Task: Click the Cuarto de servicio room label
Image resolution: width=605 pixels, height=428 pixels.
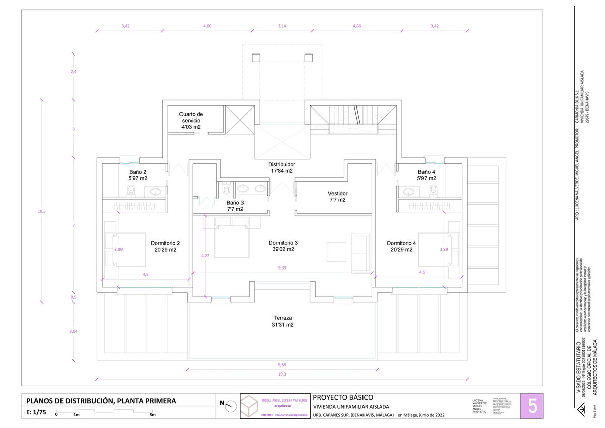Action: click(x=191, y=120)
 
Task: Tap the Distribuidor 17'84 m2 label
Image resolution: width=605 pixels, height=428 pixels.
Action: click(x=281, y=168)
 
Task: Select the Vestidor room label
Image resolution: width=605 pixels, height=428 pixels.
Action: click(x=337, y=197)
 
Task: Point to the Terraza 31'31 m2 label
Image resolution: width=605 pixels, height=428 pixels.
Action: click(x=283, y=322)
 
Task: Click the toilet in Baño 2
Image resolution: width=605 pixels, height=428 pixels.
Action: click(x=131, y=190)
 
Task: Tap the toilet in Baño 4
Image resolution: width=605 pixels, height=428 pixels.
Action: click(x=432, y=190)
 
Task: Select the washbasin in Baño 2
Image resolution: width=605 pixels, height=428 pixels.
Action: click(x=156, y=191)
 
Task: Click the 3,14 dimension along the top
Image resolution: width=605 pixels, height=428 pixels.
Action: click(x=282, y=26)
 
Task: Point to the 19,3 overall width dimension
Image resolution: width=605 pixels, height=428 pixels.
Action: click(x=282, y=374)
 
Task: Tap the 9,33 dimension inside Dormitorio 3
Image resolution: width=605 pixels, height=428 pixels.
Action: click(x=282, y=268)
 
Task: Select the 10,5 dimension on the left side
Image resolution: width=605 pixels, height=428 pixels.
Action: click(x=42, y=211)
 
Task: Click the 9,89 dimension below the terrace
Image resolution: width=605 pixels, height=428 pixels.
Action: click(x=282, y=365)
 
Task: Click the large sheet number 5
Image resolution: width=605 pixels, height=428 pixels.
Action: click(x=532, y=405)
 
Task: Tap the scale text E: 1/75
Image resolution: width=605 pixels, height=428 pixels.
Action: click(x=36, y=412)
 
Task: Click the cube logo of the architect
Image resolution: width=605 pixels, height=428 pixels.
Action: click(x=251, y=406)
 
